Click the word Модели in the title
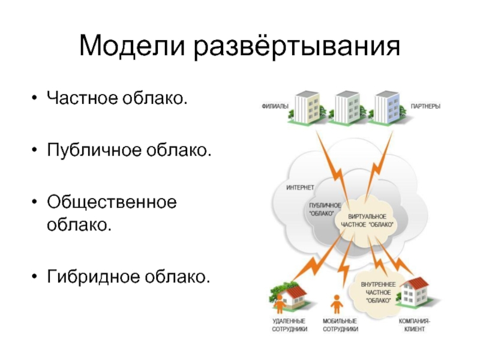131,46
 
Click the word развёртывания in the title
297,47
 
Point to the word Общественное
112,203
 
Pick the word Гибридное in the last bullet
94,277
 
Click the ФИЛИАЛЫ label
275,107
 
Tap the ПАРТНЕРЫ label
425,107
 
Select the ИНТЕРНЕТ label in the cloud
301,187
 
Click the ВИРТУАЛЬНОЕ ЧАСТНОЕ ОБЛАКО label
367,221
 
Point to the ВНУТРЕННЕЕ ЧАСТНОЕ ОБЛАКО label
378,293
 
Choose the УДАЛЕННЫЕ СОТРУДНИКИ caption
289,325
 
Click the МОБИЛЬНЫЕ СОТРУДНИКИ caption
340,325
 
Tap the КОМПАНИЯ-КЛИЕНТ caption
415,325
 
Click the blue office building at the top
387,108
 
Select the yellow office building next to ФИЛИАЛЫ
307,108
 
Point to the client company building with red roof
415,292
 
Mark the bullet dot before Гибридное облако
34,277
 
